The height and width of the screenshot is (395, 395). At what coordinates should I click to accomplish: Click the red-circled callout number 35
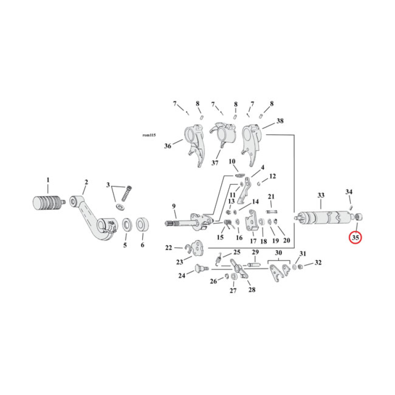[x=355, y=237]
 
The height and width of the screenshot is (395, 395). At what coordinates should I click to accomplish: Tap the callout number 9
[x=174, y=206]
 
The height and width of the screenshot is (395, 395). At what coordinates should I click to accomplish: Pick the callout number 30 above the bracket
[x=279, y=253]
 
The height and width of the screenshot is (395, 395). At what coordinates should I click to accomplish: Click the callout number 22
[x=168, y=248]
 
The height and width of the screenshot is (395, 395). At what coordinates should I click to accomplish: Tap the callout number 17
[x=253, y=241]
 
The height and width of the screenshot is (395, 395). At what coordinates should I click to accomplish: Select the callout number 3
[x=108, y=185]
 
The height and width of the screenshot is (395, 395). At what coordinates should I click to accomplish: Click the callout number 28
[x=252, y=290]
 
